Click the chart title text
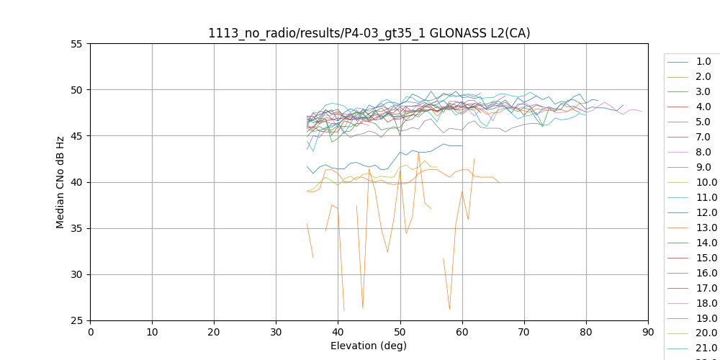pos(369,33)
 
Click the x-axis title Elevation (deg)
pos(369,346)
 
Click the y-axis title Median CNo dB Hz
pos(60,182)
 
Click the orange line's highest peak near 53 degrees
pos(418,152)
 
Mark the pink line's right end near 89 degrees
pos(642,112)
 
